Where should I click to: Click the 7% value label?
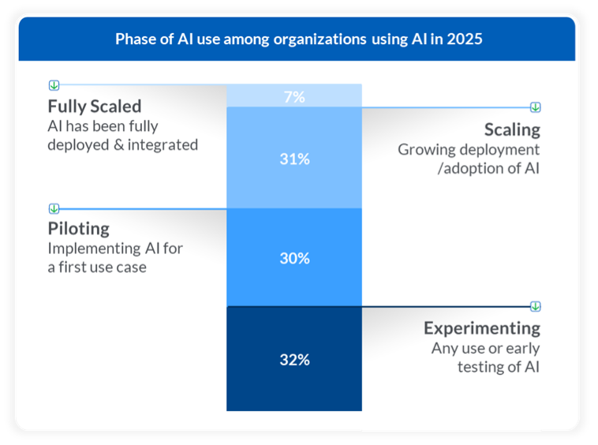pyautogui.click(x=293, y=97)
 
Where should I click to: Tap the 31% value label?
pyautogui.click(x=293, y=159)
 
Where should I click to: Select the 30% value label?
pyautogui.click(x=293, y=258)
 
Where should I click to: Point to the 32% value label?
pyautogui.click(x=293, y=360)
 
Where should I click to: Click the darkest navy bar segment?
pyautogui.click(x=293, y=387)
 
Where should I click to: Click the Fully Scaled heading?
pyautogui.click(x=95, y=107)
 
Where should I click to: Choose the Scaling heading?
pyautogui.click(x=512, y=129)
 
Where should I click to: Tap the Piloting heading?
pyautogui.click(x=78, y=229)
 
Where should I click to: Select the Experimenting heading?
pyautogui.click(x=482, y=328)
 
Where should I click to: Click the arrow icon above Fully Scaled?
pyautogui.click(x=54, y=84)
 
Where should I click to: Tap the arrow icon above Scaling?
pyautogui.click(x=536, y=107)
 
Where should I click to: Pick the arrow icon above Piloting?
pyautogui.click(x=54, y=208)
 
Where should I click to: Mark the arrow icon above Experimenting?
pyautogui.click(x=536, y=306)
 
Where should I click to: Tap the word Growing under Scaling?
pyautogui.click(x=425, y=150)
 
